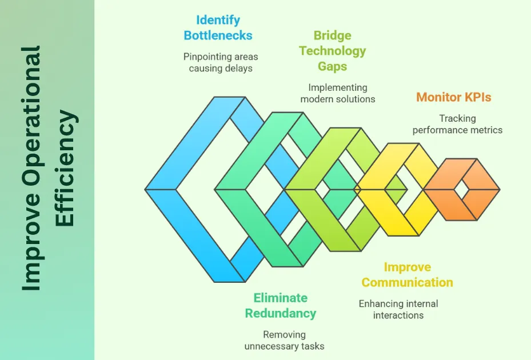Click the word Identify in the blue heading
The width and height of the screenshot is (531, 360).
218,20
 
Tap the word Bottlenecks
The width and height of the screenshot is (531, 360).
218,35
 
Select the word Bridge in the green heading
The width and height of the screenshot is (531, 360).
332,36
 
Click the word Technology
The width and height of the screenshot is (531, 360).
332,51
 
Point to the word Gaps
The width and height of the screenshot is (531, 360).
332,66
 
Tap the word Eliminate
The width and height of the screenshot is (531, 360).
280,298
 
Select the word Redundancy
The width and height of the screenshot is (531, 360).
280,313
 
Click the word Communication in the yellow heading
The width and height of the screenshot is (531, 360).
407,282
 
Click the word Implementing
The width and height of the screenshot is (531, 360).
338,87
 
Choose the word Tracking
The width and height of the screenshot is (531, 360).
457,118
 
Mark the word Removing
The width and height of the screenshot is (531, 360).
284,334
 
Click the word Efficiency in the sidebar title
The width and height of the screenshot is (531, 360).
66,169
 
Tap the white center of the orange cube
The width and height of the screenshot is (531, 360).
462,189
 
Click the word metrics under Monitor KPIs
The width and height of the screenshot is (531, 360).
484,130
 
